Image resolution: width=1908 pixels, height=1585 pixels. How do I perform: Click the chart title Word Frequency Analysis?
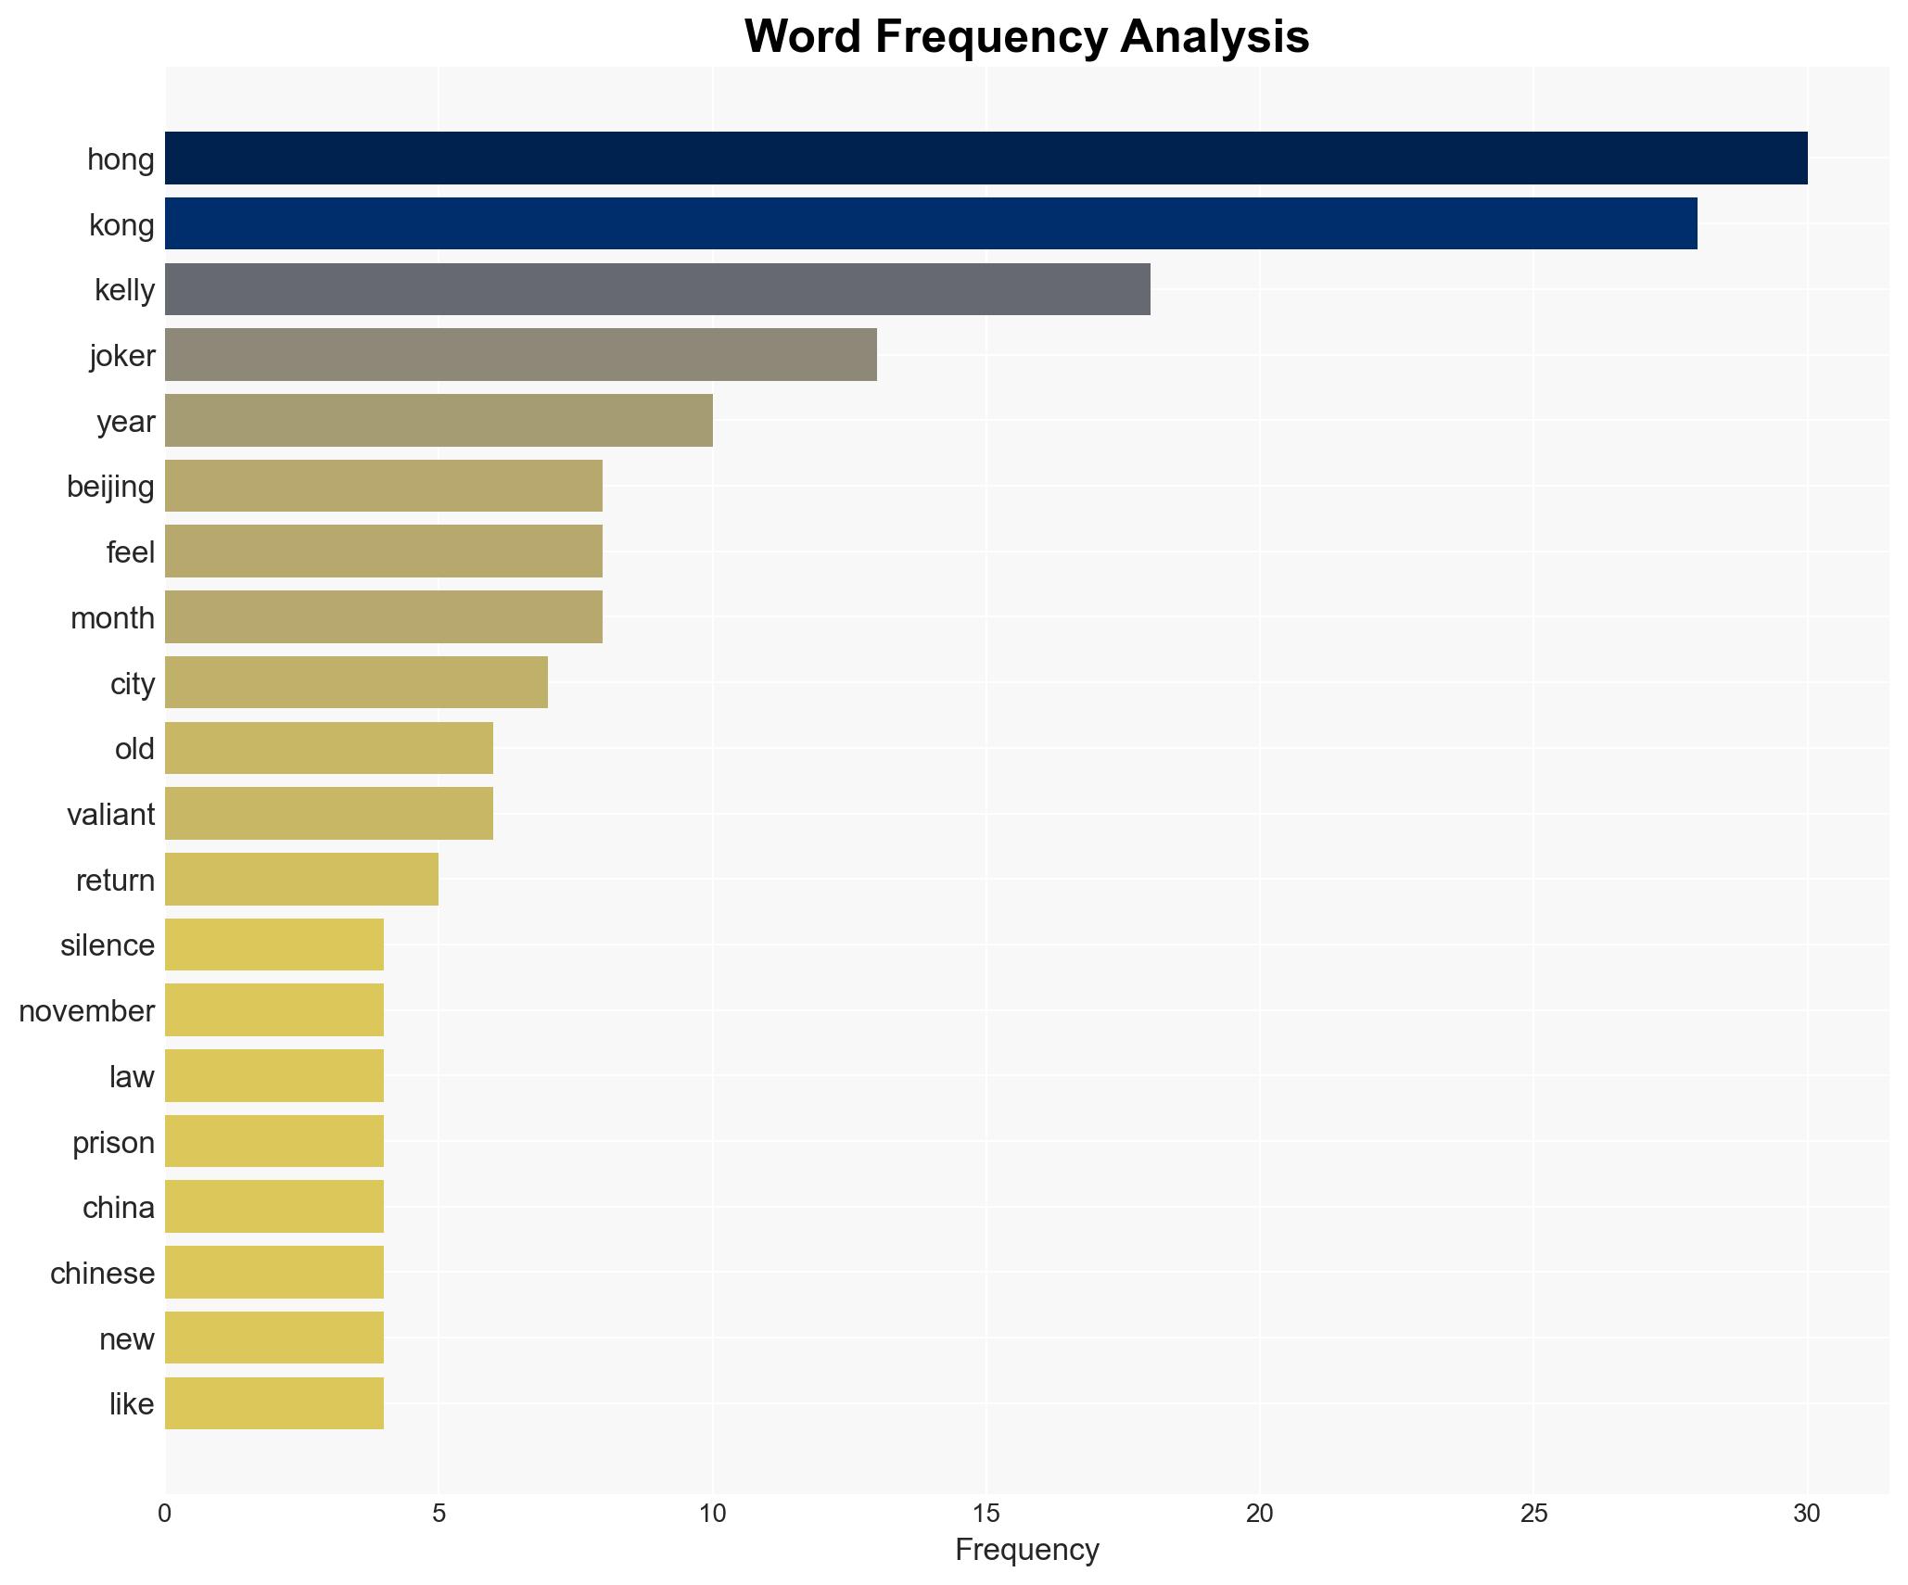point(1026,37)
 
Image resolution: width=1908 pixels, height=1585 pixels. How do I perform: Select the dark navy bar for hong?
point(986,158)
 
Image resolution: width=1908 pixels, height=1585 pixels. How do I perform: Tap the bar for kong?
point(931,223)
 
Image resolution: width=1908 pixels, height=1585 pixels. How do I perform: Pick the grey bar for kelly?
point(657,289)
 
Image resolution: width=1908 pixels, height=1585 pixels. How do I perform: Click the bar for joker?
point(520,355)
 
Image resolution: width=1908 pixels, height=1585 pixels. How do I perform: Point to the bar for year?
point(439,421)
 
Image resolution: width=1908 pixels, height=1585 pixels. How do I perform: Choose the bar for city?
point(356,683)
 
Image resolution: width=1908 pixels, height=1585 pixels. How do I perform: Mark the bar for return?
point(301,880)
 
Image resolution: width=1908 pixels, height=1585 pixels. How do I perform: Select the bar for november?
point(274,1010)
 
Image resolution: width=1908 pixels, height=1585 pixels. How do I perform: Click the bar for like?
point(274,1403)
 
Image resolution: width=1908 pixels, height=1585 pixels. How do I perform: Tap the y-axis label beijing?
point(110,487)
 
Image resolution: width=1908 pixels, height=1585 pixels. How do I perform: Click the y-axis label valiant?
point(110,815)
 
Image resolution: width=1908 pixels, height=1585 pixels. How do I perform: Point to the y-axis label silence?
point(108,945)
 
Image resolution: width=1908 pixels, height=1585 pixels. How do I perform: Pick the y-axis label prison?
point(113,1142)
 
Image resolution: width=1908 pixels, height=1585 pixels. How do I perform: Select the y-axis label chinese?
point(102,1274)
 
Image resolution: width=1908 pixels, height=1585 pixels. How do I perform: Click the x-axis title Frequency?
point(1026,1549)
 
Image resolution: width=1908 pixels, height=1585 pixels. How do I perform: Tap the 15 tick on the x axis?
point(986,1514)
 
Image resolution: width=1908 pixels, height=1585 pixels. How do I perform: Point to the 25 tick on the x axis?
point(1533,1514)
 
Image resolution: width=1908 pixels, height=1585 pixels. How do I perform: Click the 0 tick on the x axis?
point(165,1514)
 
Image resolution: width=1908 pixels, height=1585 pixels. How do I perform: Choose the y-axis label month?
point(112,618)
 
